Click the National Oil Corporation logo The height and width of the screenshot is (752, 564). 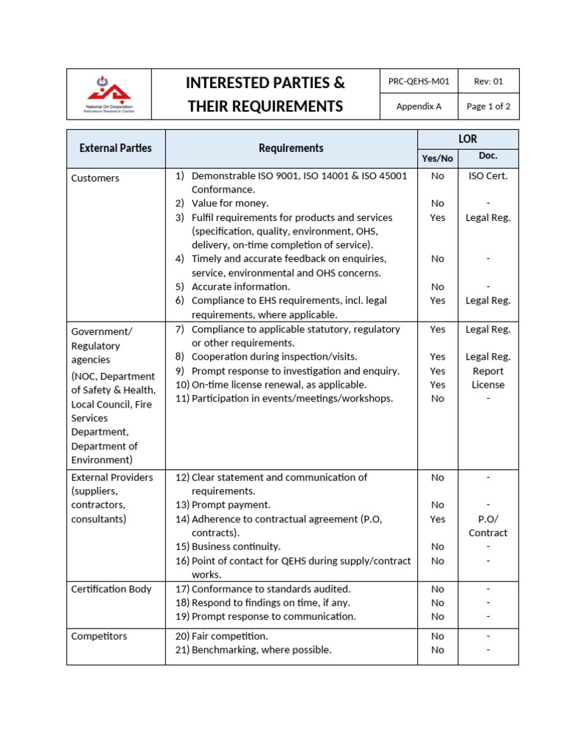[109, 94]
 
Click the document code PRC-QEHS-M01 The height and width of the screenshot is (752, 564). [419, 82]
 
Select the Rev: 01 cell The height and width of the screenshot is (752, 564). [488, 82]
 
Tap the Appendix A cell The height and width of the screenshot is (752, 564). [419, 106]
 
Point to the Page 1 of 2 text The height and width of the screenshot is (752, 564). [488, 106]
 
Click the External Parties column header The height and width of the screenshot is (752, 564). [115, 148]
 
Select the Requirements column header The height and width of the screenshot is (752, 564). [291, 148]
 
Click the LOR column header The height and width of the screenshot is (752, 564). [468, 139]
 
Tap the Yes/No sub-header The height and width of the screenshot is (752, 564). [438, 158]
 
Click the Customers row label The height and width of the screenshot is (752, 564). [95, 178]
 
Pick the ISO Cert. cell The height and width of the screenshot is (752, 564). [488, 176]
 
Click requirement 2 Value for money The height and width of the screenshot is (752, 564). [230, 203]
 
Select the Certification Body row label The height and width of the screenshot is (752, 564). [111, 589]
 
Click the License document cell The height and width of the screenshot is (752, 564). [488, 385]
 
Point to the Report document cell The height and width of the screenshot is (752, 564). [488, 371]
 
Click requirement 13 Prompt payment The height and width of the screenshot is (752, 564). [231, 505]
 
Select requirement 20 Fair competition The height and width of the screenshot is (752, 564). [229, 636]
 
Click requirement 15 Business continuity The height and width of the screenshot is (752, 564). [236, 547]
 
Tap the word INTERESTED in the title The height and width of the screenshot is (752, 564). [231, 82]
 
